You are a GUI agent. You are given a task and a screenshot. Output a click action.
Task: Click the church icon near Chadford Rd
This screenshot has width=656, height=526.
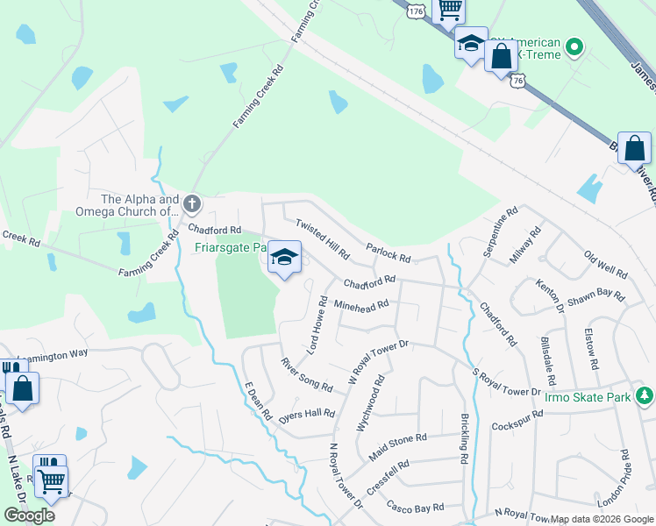pos(192,205)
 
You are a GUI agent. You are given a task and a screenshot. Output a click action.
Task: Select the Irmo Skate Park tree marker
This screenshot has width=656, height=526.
pos(645,396)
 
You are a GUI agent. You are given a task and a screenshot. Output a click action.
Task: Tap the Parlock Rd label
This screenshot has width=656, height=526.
pos(389,252)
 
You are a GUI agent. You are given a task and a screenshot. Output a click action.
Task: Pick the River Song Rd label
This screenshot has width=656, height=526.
pos(306,374)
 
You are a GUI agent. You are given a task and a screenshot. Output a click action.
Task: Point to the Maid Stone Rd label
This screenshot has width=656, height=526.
pos(397,444)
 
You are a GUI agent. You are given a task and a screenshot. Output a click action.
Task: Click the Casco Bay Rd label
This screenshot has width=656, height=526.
pos(416,508)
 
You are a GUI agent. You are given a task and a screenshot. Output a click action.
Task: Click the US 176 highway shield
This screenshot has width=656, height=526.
pos(417,11)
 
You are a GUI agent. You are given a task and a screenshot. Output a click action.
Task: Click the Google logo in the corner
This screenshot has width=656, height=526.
pos(29,515)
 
